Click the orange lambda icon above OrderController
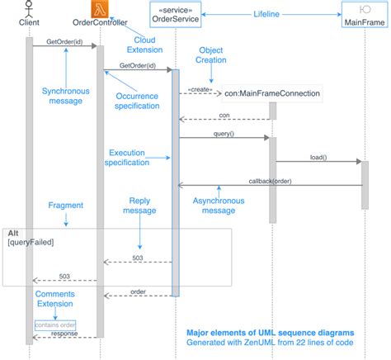pyautogui.click(x=100, y=10)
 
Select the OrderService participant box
pyautogui.click(x=175, y=16)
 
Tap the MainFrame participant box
pyautogui.click(x=365, y=16)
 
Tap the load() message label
pyautogui.click(x=319, y=157)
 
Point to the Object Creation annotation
pyautogui.click(x=211, y=55)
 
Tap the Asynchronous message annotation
pyautogui.click(x=219, y=205)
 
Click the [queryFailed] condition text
pyautogui.click(x=31, y=244)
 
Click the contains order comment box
pyautogui.click(x=54, y=325)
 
